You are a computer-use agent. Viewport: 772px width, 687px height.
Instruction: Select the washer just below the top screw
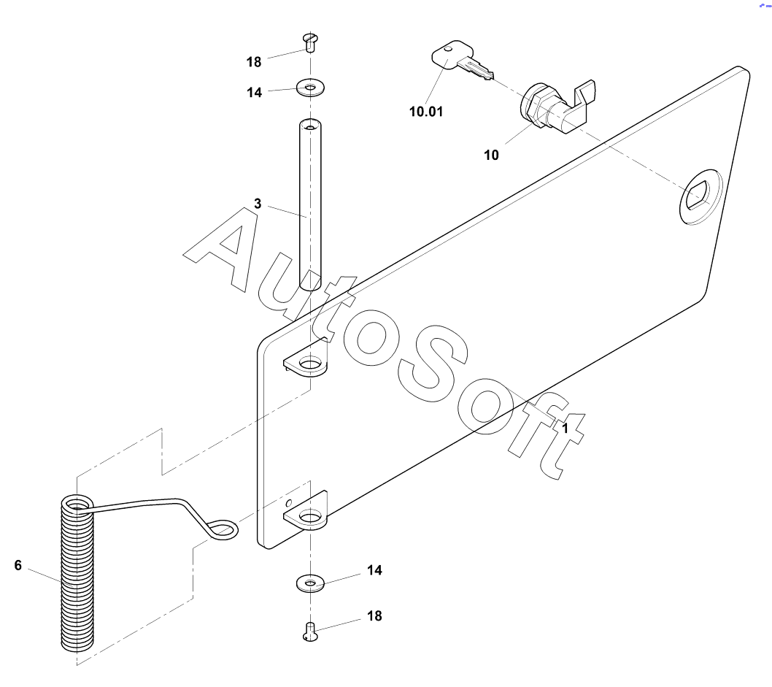[x=311, y=89]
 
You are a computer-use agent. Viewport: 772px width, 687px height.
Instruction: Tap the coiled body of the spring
[x=77, y=577]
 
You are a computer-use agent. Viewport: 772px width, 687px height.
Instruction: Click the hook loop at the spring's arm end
[x=223, y=529]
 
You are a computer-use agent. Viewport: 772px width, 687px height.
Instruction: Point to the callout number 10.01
[x=426, y=112]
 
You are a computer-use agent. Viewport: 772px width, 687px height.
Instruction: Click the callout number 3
[x=258, y=203]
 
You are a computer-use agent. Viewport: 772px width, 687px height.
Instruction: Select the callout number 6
[x=18, y=564]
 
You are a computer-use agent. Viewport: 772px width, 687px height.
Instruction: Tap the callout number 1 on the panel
[x=564, y=429]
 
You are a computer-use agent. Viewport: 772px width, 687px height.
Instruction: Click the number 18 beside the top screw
[x=254, y=62]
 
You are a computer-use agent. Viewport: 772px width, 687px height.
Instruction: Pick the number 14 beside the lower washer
[x=374, y=570]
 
